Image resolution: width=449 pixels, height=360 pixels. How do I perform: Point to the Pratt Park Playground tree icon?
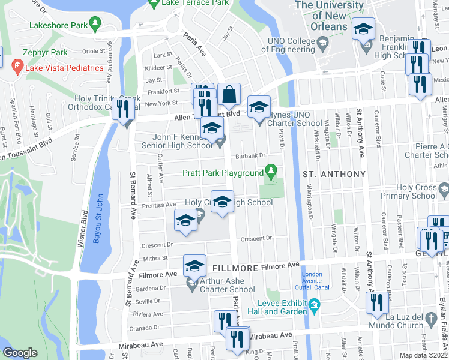(x=271, y=173)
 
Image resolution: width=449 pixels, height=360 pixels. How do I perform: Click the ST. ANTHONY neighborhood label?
(x=334, y=174)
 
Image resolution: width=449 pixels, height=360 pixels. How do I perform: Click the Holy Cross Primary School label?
(x=417, y=191)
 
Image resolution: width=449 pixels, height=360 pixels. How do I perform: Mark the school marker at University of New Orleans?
(x=363, y=30)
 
